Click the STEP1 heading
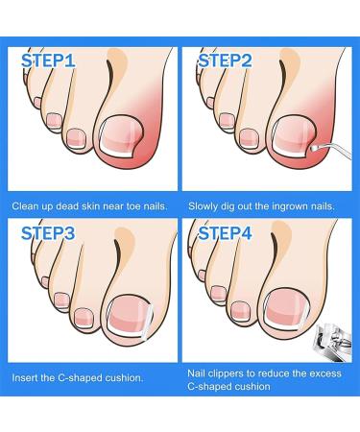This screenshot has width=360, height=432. click(x=48, y=60)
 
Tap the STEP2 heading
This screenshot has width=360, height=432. click(x=225, y=60)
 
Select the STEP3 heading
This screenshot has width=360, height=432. click(x=48, y=233)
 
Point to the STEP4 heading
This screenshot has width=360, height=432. click(x=225, y=233)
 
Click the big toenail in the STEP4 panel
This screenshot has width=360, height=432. click(x=287, y=309)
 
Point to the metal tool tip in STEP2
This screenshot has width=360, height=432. click(x=313, y=148)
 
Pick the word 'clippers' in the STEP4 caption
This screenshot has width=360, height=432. click(x=226, y=373)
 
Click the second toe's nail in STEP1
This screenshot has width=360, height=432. click(x=77, y=138)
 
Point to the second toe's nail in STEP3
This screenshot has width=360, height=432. click(x=84, y=318)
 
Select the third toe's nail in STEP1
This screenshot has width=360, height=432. click(x=54, y=122)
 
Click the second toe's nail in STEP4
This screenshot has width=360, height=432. click(x=240, y=311)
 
